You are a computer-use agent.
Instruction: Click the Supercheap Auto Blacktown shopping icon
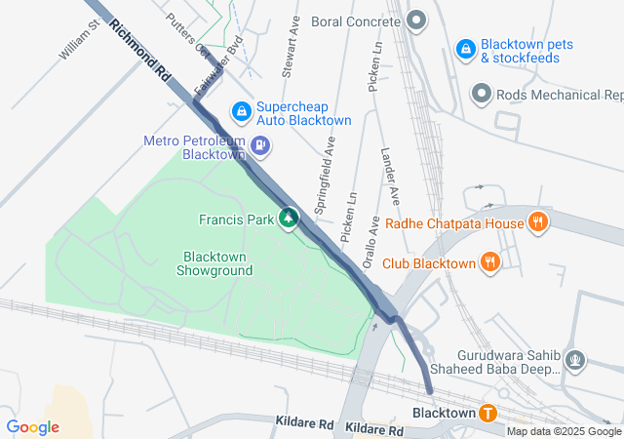coord(241,112)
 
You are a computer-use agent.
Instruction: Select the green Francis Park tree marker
coord(289,218)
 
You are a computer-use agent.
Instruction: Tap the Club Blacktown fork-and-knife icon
coord(490,262)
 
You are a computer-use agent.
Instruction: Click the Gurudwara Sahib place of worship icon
coord(576,360)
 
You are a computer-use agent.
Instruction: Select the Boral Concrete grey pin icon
coord(417,20)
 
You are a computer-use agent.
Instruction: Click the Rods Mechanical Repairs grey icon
coord(481,94)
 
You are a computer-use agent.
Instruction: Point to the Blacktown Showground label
coord(213,263)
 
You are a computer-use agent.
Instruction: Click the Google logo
coord(32,427)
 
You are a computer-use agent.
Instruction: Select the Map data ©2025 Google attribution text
coord(564,431)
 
